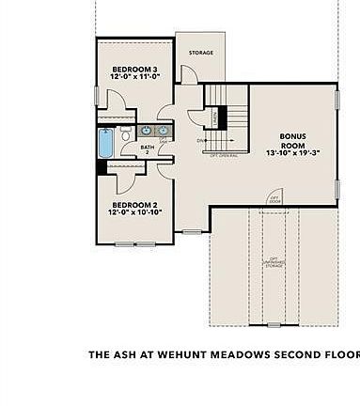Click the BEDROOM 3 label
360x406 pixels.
point(133,70)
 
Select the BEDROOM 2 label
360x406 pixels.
point(133,205)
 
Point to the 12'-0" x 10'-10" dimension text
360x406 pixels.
point(133,213)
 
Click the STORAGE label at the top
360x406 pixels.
point(199,54)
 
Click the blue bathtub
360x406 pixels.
point(106,144)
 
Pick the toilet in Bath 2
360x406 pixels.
point(126,131)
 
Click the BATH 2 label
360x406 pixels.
point(148,148)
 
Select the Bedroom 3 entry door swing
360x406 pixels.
point(167,105)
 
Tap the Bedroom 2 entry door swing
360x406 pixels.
point(165,167)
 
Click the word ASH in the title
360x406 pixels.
point(124,355)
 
